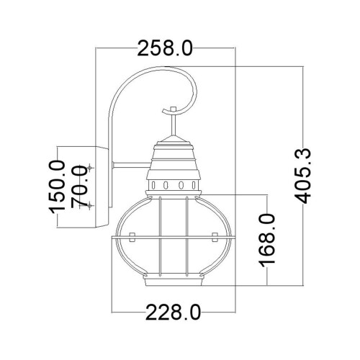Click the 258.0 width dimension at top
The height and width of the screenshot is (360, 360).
pyautogui.click(x=166, y=48)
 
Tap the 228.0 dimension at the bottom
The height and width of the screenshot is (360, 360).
pyautogui.click(x=172, y=311)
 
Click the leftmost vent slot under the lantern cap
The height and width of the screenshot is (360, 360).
pyautogui.click(x=155, y=185)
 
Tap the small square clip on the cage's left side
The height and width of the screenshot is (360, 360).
pyautogui.click(x=132, y=236)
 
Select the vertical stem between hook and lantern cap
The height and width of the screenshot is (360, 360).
pyautogui.click(x=172, y=126)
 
